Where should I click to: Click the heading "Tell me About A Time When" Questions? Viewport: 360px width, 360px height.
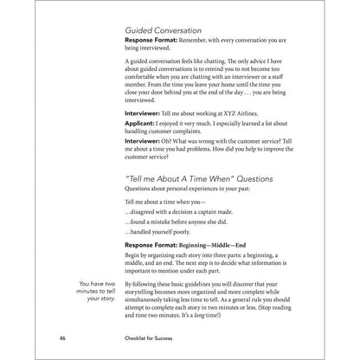pyautogui.click(x=199, y=178)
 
